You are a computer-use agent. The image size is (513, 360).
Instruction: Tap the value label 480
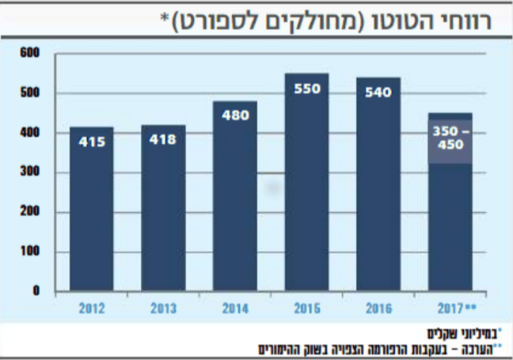(x=235, y=115)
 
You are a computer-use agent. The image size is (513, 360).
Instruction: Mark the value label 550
(x=307, y=88)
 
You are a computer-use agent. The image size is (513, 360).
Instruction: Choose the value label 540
(x=378, y=92)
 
